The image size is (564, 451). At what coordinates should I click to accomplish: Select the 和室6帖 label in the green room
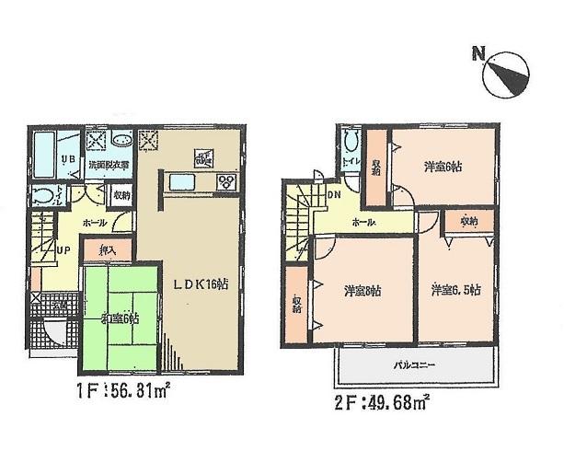[119, 318]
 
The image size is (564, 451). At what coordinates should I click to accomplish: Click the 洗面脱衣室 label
[108, 165]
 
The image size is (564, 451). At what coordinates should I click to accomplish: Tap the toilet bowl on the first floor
[41, 195]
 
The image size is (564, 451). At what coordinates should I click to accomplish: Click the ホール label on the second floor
[363, 224]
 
